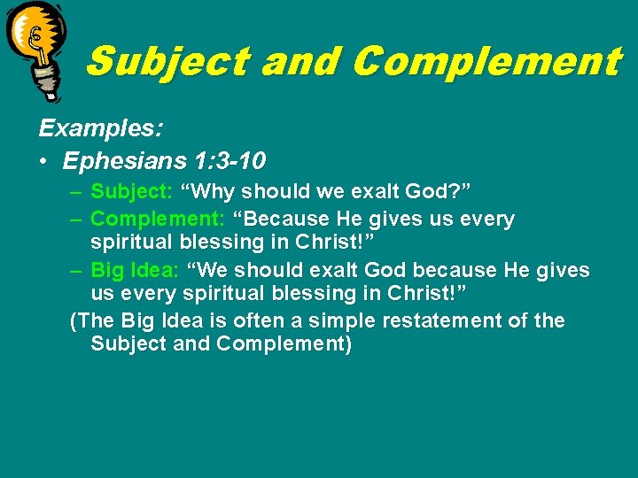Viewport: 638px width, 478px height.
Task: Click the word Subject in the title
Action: click(x=168, y=62)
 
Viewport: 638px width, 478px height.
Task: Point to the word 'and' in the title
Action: click(x=301, y=62)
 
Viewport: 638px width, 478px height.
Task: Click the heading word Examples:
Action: click(x=100, y=128)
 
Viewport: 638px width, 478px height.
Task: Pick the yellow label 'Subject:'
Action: click(x=132, y=191)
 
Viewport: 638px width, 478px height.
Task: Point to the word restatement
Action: click(x=442, y=320)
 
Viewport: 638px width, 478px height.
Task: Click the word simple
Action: click(x=340, y=320)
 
